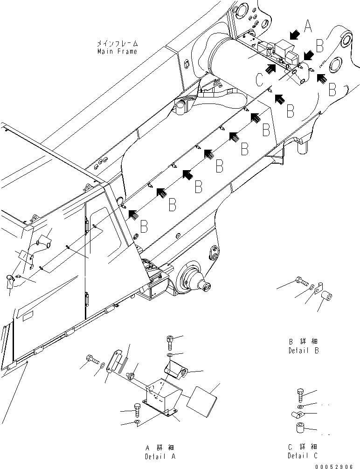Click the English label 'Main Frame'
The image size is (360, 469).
[117, 51]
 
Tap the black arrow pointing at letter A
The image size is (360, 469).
[293, 34]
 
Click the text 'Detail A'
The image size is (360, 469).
[160, 456]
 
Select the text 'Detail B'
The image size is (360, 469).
[303, 350]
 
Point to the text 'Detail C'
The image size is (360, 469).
[303, 455]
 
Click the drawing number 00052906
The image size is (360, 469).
[337, 465]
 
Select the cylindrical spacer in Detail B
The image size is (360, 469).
[328, 297]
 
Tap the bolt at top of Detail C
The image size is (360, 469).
[301, 394]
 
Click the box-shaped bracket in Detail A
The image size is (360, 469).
[160, 398]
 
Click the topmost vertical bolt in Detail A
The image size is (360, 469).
[170, 343]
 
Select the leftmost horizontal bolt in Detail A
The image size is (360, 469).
[91, 359]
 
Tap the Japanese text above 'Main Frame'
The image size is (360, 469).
[117, 43]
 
